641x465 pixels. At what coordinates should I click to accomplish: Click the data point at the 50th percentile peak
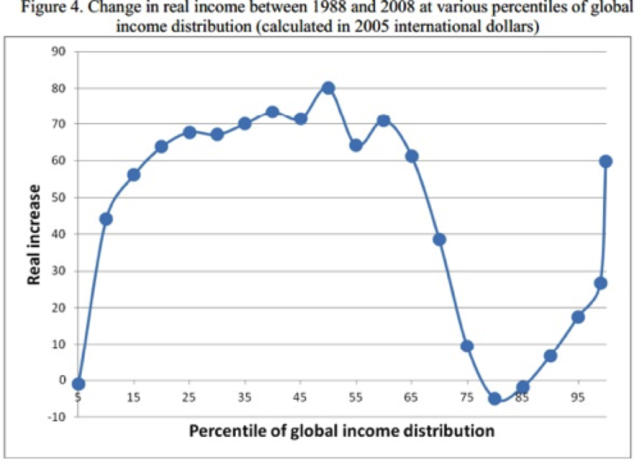click(x=328, y=88)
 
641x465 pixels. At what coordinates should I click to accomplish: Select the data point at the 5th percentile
click(x=78, y=384)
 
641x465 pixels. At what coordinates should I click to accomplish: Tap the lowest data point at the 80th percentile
click(x=494, y=399)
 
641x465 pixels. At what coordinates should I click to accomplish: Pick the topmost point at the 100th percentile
click(x=606, y=161)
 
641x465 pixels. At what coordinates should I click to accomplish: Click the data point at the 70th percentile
click(x=439, y=239)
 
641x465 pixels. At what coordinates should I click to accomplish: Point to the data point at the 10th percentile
click(x=106, y=218)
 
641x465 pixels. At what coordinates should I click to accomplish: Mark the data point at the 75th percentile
click(x=467, y=346)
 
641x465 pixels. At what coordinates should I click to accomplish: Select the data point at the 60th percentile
click(x=384, y=121)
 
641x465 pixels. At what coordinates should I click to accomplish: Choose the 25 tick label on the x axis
click(x=189, y=397)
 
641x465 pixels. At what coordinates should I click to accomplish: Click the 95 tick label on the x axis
click(x=578, y=397)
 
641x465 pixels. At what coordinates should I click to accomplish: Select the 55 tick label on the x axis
click(x=356, y=397)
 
